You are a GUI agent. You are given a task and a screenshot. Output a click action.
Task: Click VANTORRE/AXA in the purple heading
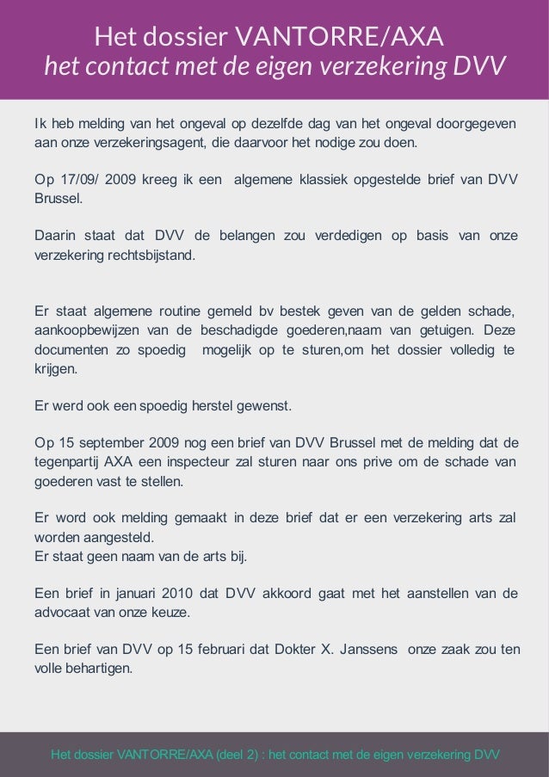pyautogui.click(x=339, y=37)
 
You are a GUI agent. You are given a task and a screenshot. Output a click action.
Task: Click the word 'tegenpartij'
pyautogui.click(x=65, y=462)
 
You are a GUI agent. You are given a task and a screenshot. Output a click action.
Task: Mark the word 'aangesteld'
pyautogui.click(x=115, y=538)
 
